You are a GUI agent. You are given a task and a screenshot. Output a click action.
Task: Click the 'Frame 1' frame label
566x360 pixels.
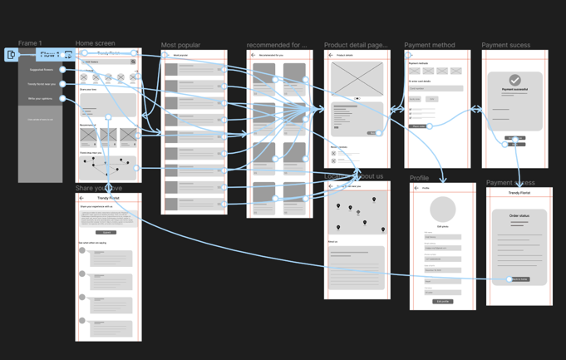pos(30,43)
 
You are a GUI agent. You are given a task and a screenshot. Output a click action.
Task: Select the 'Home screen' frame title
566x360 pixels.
pos(95,43)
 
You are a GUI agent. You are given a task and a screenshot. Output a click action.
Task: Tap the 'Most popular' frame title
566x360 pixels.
pos(180,45)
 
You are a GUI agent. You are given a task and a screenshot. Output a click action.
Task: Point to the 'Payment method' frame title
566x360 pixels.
pos(429,45)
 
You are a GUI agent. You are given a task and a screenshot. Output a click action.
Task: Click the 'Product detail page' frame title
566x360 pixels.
pos(355,45)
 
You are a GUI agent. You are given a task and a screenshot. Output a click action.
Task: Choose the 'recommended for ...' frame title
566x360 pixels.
pos(276,45)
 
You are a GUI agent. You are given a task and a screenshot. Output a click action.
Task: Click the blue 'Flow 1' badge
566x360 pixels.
pos(48,55)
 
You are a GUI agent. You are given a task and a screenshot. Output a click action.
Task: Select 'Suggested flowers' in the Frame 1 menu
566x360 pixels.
pos(41,70)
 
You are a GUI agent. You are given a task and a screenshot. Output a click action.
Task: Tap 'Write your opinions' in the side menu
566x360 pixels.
pos(41,98)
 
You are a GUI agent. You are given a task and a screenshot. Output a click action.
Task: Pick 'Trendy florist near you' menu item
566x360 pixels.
pos(41,84)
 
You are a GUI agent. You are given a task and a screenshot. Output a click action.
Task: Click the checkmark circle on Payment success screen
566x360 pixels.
pos(515,81)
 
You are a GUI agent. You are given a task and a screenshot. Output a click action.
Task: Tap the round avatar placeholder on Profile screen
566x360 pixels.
pos(443,210)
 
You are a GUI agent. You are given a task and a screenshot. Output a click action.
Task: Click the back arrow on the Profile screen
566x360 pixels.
pos(416,188)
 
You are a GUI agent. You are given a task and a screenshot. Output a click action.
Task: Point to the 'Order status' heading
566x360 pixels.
pos(519,215)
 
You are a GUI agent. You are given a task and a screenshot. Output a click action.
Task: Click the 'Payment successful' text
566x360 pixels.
pos(515,89)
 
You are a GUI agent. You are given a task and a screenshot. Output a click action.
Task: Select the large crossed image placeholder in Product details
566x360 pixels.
pos(357,79)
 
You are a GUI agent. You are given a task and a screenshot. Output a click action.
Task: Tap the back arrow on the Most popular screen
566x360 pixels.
pos(167,55)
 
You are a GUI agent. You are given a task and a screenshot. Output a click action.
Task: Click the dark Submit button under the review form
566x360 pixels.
pos(107,233)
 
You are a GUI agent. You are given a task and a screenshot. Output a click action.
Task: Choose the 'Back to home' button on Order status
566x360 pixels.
pos(519,279)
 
